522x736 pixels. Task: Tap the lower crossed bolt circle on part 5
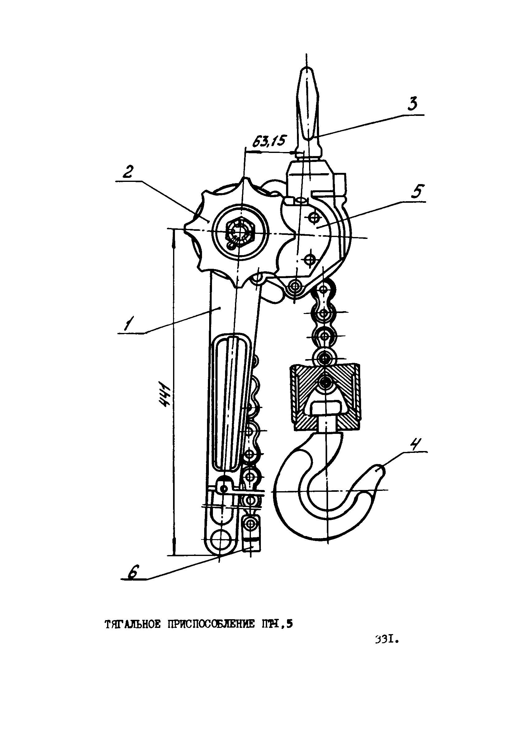(x=309, y=258)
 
